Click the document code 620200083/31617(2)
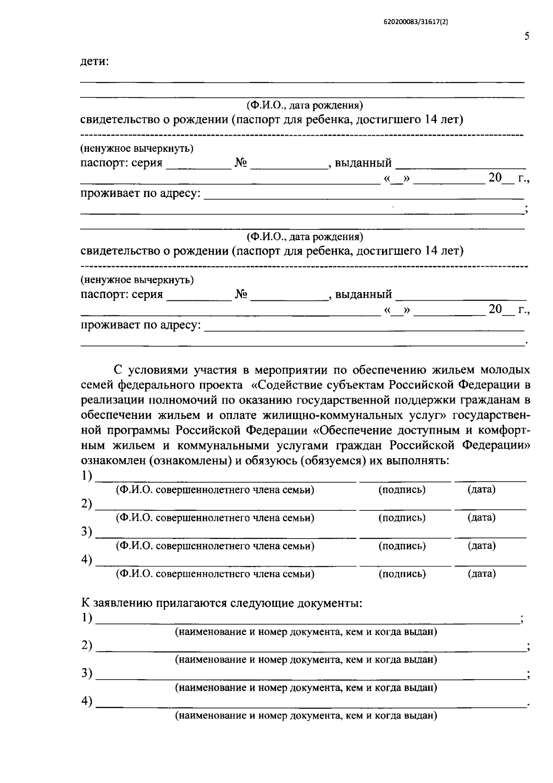[416, 21]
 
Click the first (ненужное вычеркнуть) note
[137, 149]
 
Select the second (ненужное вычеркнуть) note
[137, 280]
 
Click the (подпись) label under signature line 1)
[402, 490]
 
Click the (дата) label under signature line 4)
[482, 574]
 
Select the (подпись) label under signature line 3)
[402, 546]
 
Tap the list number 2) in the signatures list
[87, 504]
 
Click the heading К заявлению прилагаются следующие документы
[222, 604]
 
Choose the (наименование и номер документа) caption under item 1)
[306, 632]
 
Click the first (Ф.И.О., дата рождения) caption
[305, 106]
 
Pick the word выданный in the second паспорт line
[363, 294]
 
